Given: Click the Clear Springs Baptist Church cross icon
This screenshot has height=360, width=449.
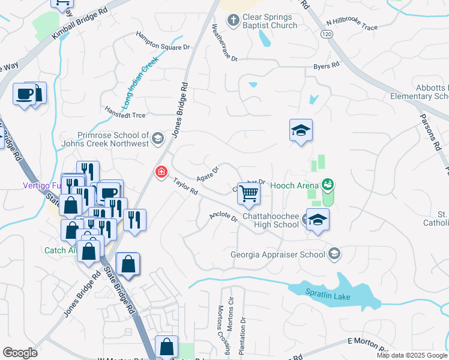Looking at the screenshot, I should pos(234,20).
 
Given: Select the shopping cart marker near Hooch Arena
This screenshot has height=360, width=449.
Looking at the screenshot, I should pos(249,194).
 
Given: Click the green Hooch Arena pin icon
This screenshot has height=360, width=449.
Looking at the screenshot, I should pos(328,184).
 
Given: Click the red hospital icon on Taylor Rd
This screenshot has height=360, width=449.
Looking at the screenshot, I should pos(161,173).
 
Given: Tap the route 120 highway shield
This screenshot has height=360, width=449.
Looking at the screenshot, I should pos(327,35).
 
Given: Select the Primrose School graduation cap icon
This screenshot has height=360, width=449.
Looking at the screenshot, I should pos(157,139).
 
